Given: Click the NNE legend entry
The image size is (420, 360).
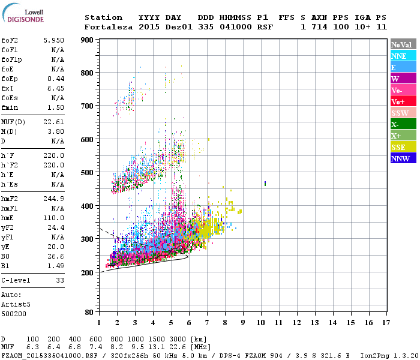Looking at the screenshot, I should point(403,56).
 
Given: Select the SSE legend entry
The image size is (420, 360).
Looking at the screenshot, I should point(403,147).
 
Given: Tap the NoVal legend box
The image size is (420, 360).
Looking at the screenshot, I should point(403,44).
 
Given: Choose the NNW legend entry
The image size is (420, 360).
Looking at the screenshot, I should point(403,158).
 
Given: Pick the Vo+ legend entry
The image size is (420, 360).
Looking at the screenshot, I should point(403,101).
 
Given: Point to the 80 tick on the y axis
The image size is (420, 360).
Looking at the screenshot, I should point(89,313).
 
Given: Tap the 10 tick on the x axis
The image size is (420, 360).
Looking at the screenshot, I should point(261,323).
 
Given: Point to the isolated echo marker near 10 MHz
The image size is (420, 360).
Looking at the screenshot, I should point(265,183).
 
